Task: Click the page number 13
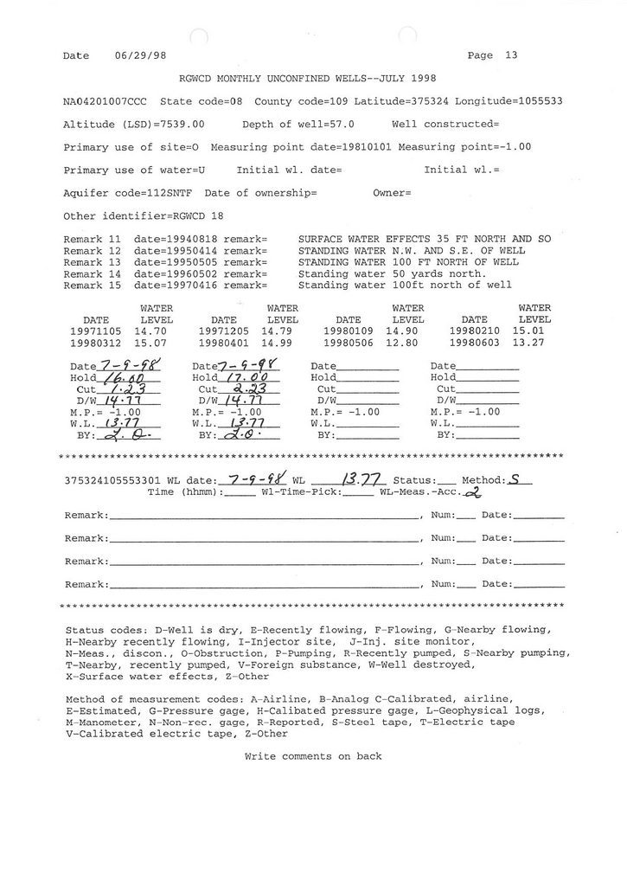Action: [511, 55]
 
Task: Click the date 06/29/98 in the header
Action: [140, 55]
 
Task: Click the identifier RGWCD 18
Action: [204, 215]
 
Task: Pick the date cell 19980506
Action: [348, 343]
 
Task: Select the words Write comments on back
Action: [313, 756]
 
